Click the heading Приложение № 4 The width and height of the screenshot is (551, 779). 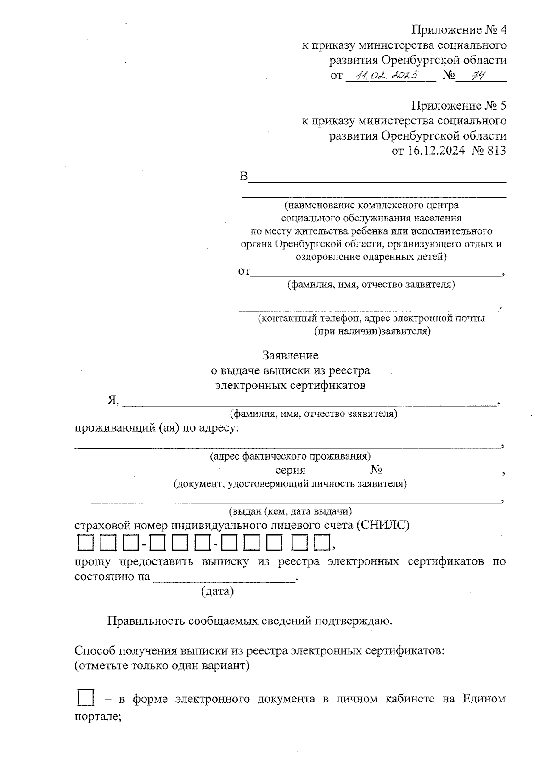[459, 30]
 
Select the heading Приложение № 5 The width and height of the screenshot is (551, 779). [459, 106]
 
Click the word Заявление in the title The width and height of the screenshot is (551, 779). [290, 355]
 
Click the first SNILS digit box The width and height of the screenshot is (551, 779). [84, 544]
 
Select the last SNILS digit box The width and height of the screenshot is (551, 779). [322, 544]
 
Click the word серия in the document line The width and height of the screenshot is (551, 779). [290, 471]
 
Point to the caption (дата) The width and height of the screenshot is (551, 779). [217, 591]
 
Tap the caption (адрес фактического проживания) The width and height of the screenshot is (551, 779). [290, 456]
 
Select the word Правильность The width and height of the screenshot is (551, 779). [146, 621]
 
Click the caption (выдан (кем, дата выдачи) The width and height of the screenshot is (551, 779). [290, 511]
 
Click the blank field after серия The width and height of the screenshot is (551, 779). [337, 471]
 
